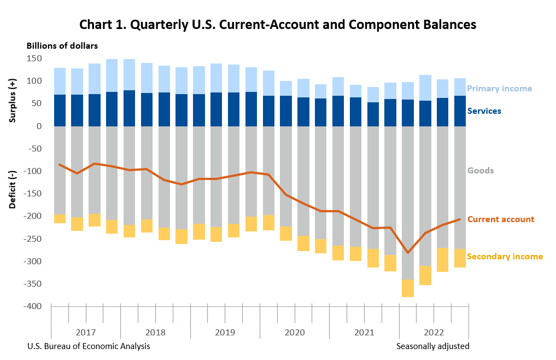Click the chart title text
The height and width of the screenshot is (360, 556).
click(x=278, y=25)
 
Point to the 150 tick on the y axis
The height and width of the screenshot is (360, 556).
click(x=34, y=58)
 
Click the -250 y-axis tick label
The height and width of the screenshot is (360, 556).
click(x=33, y=239)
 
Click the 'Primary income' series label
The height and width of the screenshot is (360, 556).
click(x=499, y=89)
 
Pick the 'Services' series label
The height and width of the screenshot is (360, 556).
click(x=484, y=111)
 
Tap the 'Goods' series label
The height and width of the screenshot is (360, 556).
click(x=480, y=171)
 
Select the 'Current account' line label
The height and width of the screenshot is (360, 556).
click(x=500, y=219)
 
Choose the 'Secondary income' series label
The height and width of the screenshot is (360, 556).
click(x=505, y=257)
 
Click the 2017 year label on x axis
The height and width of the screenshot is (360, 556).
click(x=86, y=333)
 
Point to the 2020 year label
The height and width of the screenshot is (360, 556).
click(x=295, y=333)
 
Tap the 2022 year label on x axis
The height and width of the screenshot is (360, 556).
click(x=434, y=333)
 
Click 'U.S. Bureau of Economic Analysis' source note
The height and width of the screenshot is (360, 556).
click(x=88, y=346)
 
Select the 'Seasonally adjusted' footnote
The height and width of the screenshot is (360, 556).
click(x=432, y=346)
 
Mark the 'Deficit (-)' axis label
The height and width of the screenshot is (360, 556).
click(x=13, y=190)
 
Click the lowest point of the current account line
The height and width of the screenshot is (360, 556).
click(x=407, y=253)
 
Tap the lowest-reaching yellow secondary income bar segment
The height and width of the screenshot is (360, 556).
click(x=407, y=288)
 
